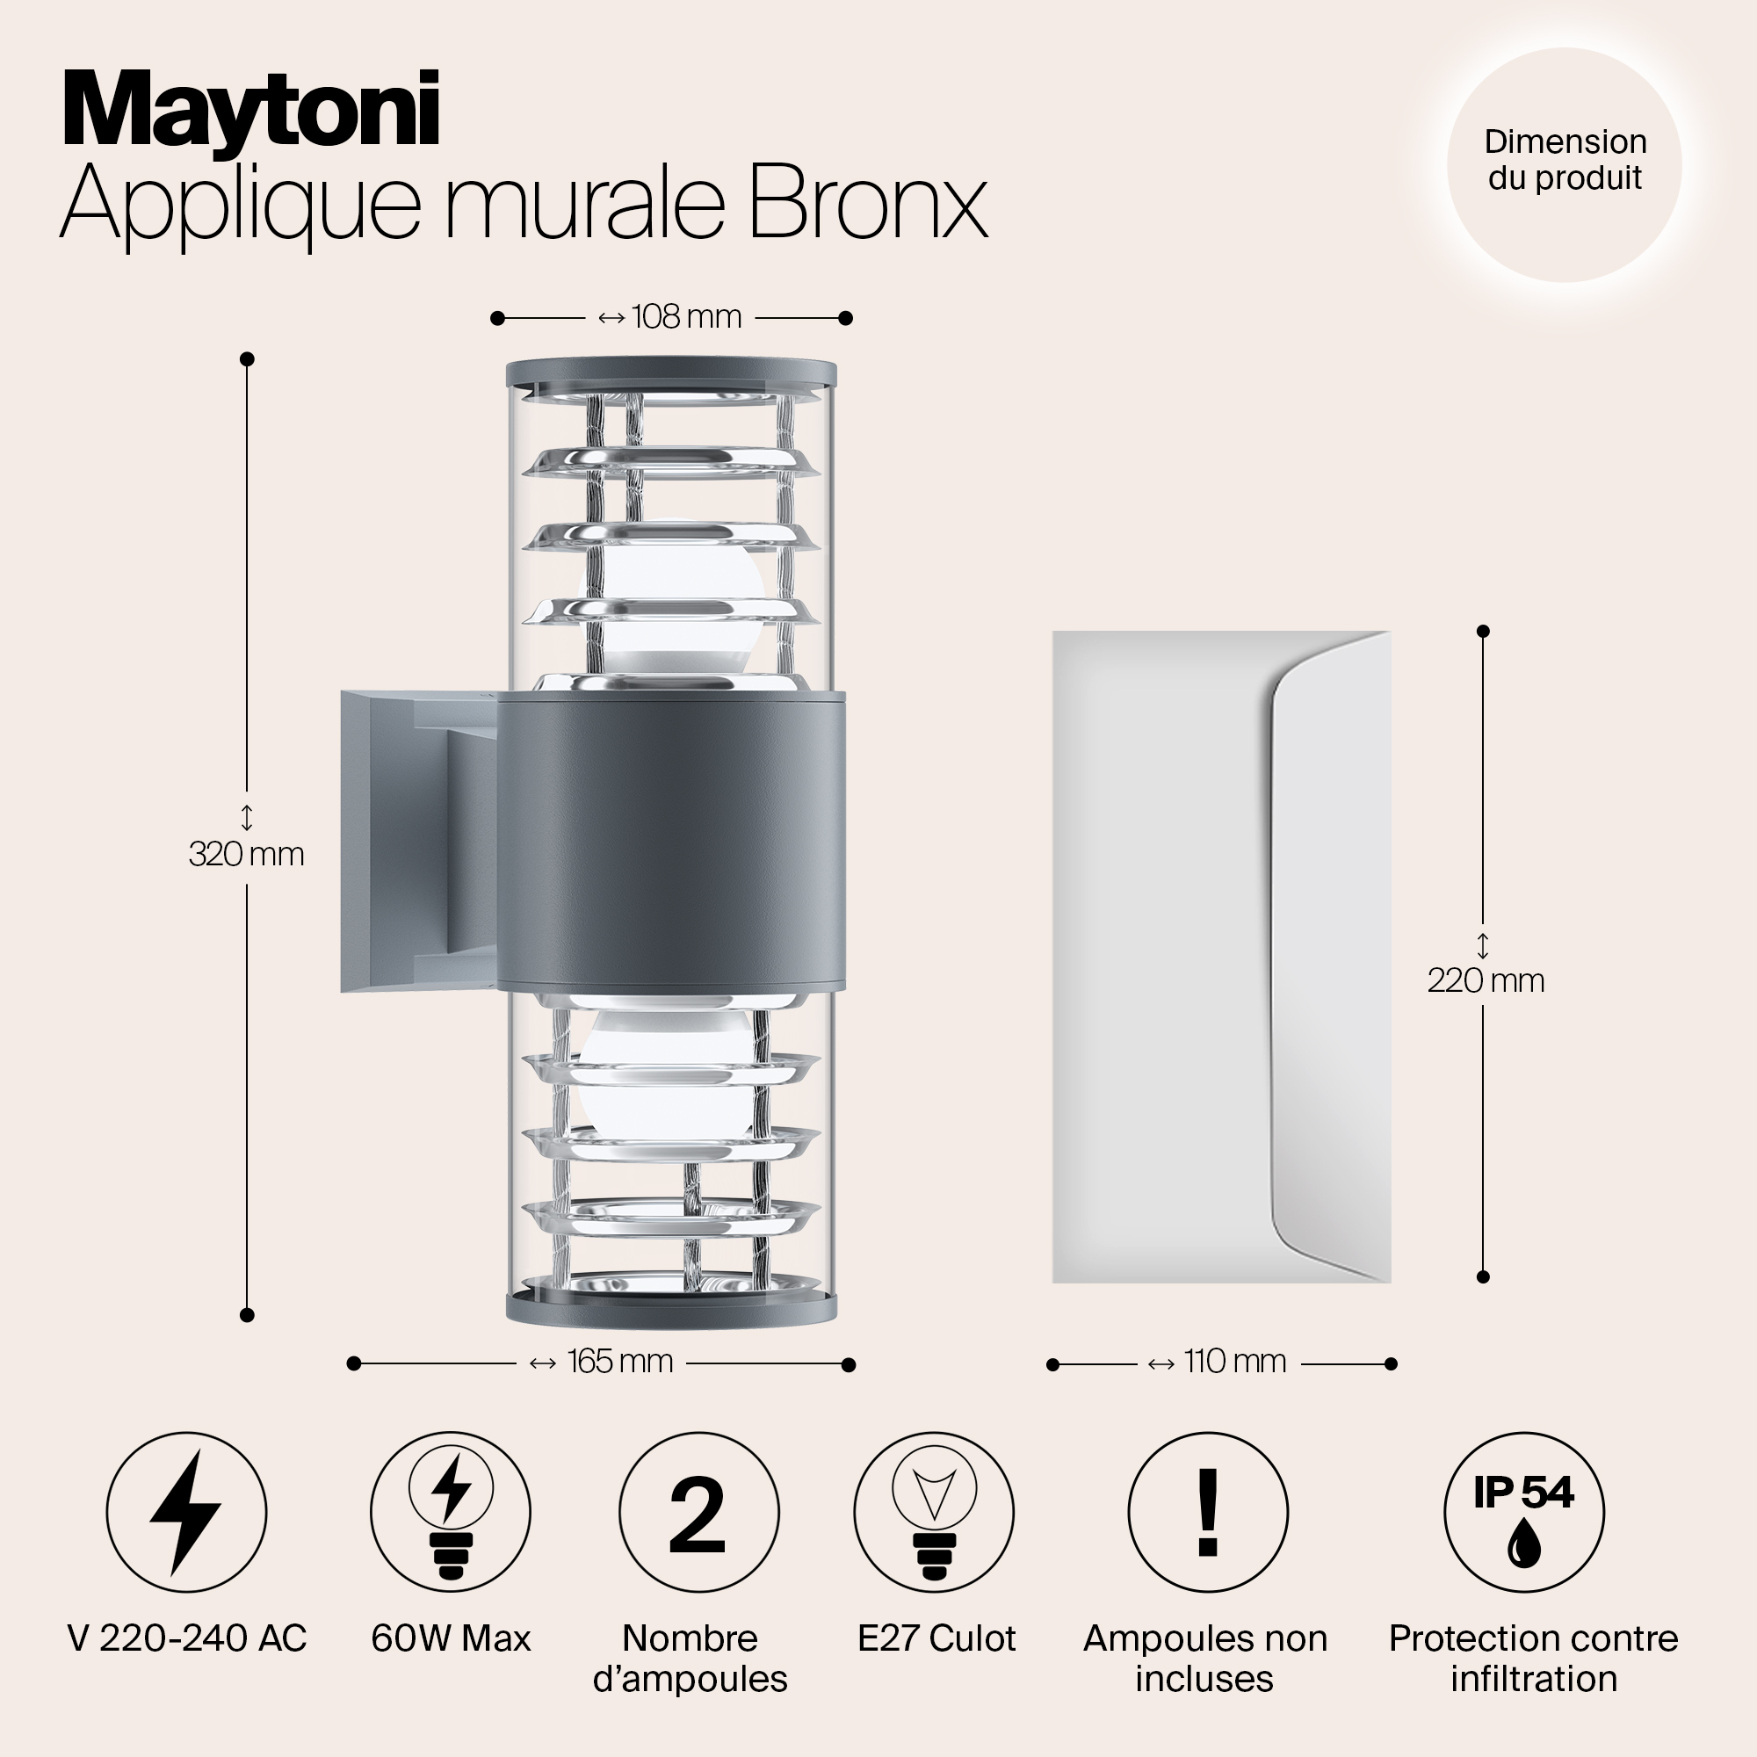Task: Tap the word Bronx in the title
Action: click(x=868, y=202)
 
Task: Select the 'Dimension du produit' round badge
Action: click(x=1565, y=164)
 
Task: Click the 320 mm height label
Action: click(x=247, y=854)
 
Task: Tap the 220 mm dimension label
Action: click(x=1485, y=980)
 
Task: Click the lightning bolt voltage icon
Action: click(x=186, y=1513)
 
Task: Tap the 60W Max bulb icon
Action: click(x=450, y=1513)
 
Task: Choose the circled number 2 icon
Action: click(x=698, y=1513)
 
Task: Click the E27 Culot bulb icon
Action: click(x=934, y=1513)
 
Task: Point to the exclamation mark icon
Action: click(x=1208, y=1513)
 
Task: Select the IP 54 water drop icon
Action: click(x=1524, y=1513)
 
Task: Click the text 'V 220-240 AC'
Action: click(x=187, y=1638)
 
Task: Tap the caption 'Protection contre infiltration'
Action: click(x=1533, y=1659)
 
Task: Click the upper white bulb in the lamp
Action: click(x=673, y=600)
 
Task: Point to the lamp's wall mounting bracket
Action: click(x=418, y=842)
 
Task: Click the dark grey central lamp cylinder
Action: click(x=671, y=842)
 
